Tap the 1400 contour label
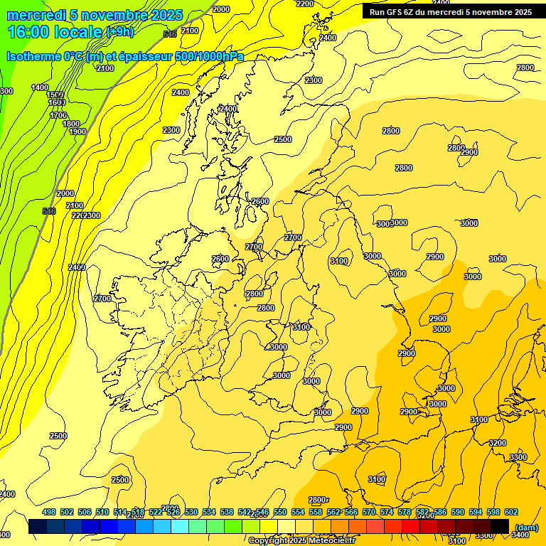[40, 87]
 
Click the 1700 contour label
[58, 115]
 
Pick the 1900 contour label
[77, 132]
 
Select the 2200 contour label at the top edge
[304, 4]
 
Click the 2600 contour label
[220, 259]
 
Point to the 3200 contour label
[497, 443]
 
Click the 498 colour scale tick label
[49, 512]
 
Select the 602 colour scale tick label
[510, 512]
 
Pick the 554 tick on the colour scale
[298, 512]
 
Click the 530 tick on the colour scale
[191, 512]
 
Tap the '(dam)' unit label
[526, 528]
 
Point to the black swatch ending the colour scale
[500, 526]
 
